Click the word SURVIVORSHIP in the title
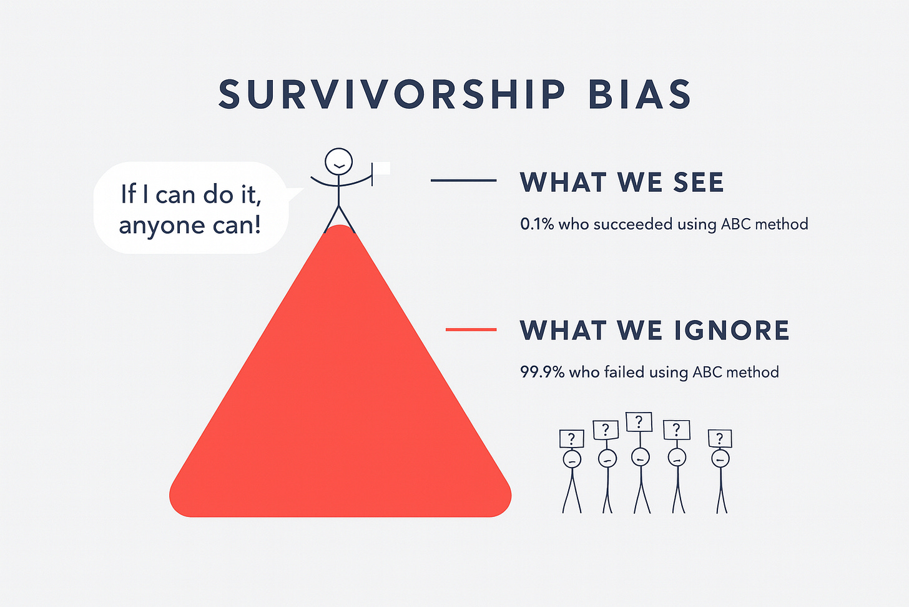pyautogui.click(x=391, y=96)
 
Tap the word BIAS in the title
pyautogui.click(x=639, y=96)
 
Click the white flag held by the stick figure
pyautogui.click(x=381, y=168)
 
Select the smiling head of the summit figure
pyautogui.click(x=338, y=161)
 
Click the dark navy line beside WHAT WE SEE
pyautogui.click(x=463, y=181)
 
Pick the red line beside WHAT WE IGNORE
pyautogui.click(x=471, y=329)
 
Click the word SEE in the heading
pyautogui.click(x=699, y=183)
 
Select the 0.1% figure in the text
pyautogui.click(x=537, y=224)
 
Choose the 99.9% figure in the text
pyautogui.click(x=542, y=373)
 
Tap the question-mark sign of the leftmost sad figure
pyautogui.click(x=572, y=439)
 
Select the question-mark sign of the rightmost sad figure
pyautogui.click(x=720, y=438)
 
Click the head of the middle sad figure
pyautogui.click(x=641, y=458)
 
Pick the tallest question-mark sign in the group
pyautogui.click(x=639, y=423)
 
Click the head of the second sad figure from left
pyautogui.click(x=607, y=459)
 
